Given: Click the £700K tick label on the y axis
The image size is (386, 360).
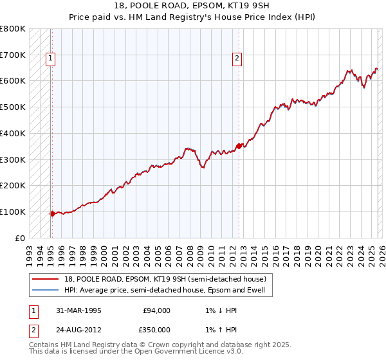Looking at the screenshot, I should click(13, 55).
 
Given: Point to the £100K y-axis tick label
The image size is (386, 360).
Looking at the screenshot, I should click(13, 212).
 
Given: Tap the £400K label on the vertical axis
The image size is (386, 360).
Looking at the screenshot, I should click(13, 134).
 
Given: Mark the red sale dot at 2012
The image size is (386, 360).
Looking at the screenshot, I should click(239, 146).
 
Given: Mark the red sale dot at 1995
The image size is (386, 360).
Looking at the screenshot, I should click(52, 213).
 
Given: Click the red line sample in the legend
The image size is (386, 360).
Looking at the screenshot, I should click(46, 278).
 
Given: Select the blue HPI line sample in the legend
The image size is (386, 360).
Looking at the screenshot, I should click(46, 290).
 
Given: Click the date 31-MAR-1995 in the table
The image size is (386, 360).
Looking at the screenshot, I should click(79, 310).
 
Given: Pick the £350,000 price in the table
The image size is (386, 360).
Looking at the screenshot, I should click(156, 329).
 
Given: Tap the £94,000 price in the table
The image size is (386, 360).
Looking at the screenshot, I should click(156, 310).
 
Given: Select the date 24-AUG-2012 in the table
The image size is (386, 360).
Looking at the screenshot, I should click(80, 329).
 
